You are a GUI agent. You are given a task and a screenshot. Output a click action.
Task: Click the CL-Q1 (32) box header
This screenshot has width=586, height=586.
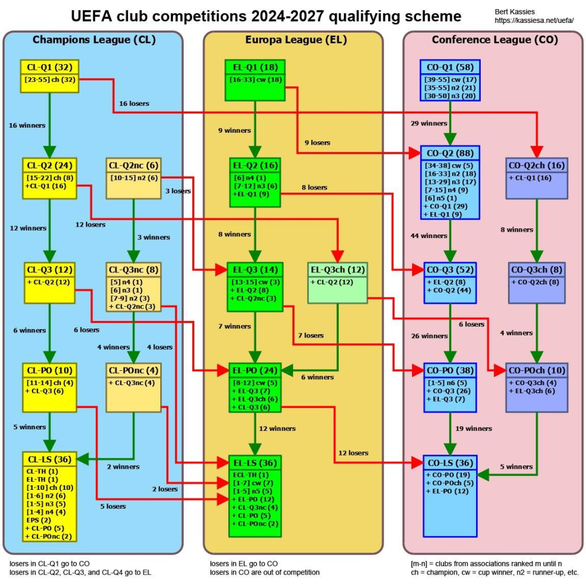[x=50, y=68]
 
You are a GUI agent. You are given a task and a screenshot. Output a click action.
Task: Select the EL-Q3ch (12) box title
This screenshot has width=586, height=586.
[x=338, y=270]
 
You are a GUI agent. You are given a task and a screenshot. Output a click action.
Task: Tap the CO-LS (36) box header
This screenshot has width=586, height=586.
[x=450, y=463]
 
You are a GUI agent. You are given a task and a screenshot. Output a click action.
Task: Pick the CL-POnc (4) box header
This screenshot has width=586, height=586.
[x=133, y=370]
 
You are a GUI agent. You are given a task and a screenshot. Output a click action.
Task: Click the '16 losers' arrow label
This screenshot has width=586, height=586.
[x=134, y=104]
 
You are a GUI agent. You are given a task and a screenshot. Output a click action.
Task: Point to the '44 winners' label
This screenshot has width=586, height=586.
[x=429, y=236]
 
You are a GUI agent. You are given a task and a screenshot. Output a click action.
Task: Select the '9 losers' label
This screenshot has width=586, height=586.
[x=317, y=142]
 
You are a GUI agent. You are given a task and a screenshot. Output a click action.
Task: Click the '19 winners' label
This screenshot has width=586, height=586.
[x=473, y=429]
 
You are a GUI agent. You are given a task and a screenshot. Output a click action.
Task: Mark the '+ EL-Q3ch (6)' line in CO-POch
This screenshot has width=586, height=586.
[x=532, y=391]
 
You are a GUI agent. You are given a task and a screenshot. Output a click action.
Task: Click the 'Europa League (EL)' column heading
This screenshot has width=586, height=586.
[x=296, y=40]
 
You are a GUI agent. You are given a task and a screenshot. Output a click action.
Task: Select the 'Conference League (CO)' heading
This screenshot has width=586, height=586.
[x=495, y=40]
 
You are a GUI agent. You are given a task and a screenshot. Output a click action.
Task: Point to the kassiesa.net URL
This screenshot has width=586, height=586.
[x=534, y=21]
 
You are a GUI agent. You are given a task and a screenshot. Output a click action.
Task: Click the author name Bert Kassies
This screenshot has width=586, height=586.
[x=514, y=12]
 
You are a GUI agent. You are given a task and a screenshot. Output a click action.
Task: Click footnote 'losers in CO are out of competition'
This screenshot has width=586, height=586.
[x=264, y=572]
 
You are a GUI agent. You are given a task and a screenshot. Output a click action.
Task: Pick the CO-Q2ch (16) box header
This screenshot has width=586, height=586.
[x=537, y=165]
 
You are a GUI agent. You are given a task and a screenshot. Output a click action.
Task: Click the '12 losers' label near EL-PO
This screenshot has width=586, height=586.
[x=353, y=453]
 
